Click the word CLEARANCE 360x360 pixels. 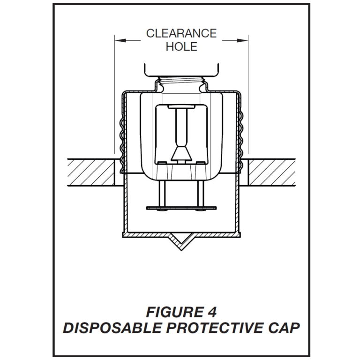pyautogui.click(x=181, y=34)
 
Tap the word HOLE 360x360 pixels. pyautogui.click(x=181, y=46)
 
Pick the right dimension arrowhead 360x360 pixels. pyautogui.click(x=242, y=41)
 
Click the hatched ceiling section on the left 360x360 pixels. pyautogui.click(x=91, y=172)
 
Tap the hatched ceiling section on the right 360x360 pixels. pyautogui.click(x=272, y=172)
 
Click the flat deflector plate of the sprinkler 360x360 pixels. pyautogui.click(x=181, y=208)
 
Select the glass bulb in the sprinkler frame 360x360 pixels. pyautogui.click(x=181, y=127)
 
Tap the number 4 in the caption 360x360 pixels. pyautogui.click(x=212, y=312)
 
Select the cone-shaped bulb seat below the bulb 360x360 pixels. pyautogui.click(x=181, y=153)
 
